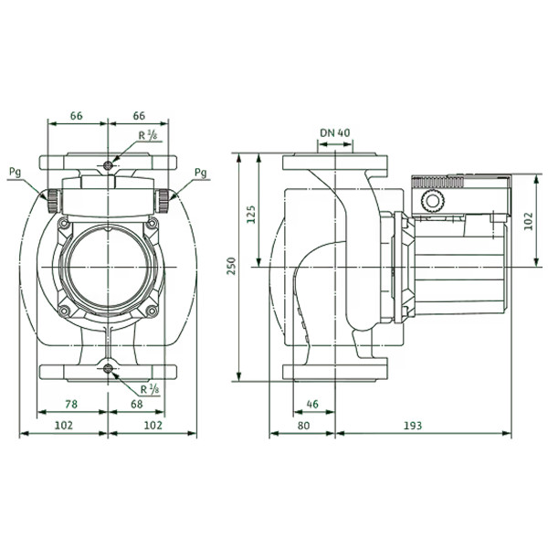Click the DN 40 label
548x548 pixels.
pos(335,132)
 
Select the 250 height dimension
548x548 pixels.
pos(232,266)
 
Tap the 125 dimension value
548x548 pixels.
pos(251,215)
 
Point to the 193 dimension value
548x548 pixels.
pos(413,426)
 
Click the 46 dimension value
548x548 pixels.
pos(312,404)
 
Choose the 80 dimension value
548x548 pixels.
pos(304,426)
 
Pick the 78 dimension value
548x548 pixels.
pos(71,404)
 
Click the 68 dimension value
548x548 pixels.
pos(137,404)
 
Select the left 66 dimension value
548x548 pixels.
pos(76,116)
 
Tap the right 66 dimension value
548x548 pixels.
pos(139,116)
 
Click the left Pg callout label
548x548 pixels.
pos(15,173)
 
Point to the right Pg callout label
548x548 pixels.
pos(201,173)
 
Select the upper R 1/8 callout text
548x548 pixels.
pos(148,135)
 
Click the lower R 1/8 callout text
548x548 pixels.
pos(150,389)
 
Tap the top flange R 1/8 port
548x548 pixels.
pos(109,165)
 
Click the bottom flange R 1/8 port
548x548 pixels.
pos(109,368)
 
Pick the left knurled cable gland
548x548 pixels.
pos(54,201)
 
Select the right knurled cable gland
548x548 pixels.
pos(163,201)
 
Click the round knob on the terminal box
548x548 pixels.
pos(433,201)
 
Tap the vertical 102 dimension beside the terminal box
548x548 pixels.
pos(529,221)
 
